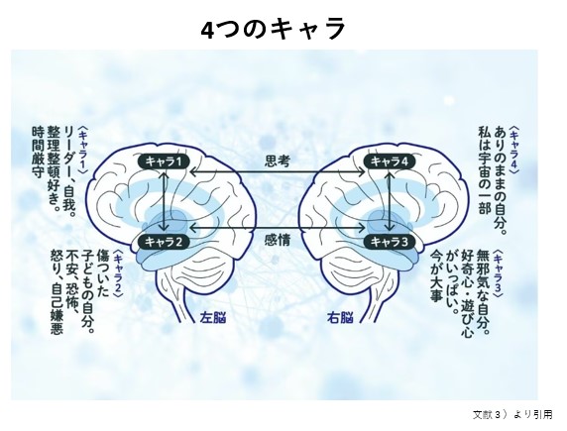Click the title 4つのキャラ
click(x=273, y=29)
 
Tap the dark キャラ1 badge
click(x=164, y=161)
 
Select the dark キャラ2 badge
click(x=164, y=242)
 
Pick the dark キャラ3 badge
click(x=390, y=242)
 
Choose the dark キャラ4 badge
click(x=390, y=161)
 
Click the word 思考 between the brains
click(x=278, y=161)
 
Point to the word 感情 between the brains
click(x=278, y=240)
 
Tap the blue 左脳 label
click(x=213, y=317)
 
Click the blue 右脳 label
click(x=340, y=317)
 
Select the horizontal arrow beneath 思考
click(x=278, y=172)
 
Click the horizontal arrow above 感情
click(x=278, y=228)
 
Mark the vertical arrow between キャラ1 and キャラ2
click(x=165, y=201)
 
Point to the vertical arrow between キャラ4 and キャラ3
click(x=390, y=201)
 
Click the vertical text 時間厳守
click(x=38, y=152)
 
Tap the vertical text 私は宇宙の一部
click(x=485, y=169)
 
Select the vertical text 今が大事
click(x=436, y=276)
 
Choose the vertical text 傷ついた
click(x=102, y=272)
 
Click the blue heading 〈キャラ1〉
click(x=83, y=150)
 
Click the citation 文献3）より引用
click(x=512, y=415)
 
